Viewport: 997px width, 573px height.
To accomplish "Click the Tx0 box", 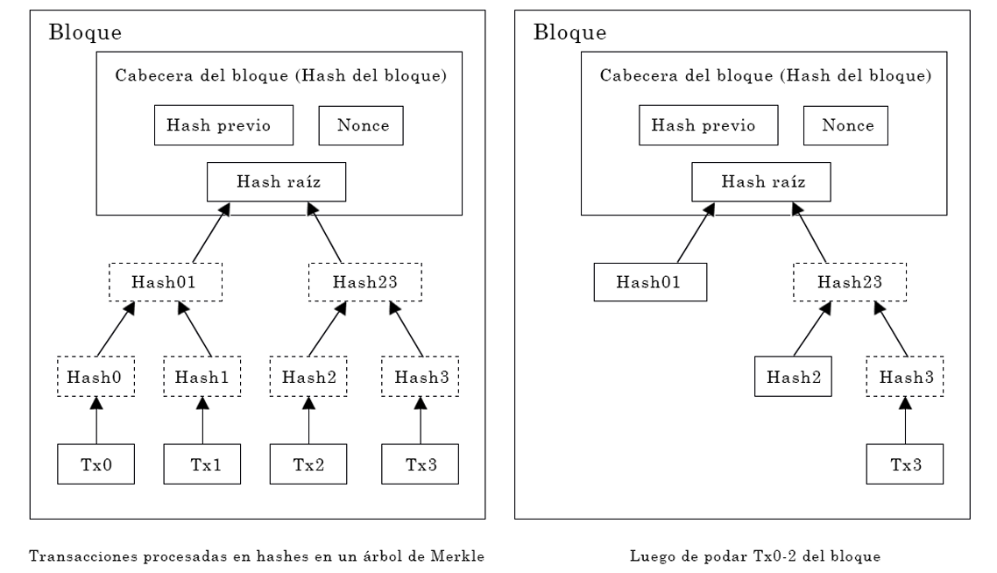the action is [96, 464].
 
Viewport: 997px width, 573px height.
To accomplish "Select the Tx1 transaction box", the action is [202, 464].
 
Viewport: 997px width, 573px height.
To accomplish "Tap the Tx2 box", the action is [308, 464].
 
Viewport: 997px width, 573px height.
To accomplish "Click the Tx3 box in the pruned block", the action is [905, 464].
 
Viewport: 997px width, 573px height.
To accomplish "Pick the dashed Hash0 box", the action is [96, 377].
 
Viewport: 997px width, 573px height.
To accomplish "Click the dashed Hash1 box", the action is [202, 377].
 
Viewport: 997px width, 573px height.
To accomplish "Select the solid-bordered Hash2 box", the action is [793, 377].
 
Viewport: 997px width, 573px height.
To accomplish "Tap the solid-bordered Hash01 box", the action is [650, 282].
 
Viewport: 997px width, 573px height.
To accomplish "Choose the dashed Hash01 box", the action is [166, 282].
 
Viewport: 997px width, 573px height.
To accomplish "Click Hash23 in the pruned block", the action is [850, 282].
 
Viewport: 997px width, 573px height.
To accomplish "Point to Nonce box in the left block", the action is [361, 125].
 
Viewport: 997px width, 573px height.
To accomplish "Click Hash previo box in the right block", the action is [709, 125].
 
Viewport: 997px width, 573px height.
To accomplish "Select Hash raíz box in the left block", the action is [277, 182].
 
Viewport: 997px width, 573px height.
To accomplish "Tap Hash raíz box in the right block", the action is [761, 182].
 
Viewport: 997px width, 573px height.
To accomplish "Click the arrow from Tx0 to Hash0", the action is [96, 421].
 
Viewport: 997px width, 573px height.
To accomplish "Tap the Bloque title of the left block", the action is [85, 32].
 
